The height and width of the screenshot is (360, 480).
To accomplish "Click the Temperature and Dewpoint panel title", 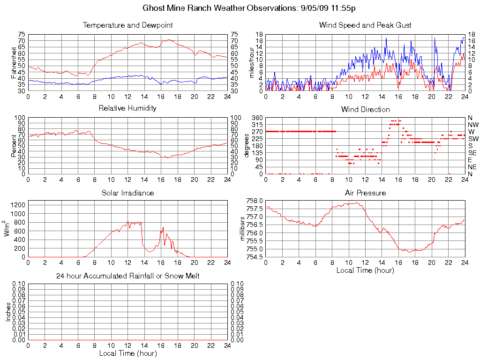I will [127, 25].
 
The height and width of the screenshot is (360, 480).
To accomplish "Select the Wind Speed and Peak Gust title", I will [365, 25].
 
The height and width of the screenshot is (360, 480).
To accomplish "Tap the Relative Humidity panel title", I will [127, 108].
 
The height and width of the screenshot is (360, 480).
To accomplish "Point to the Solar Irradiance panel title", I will [127, 193].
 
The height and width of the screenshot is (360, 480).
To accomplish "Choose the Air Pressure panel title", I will [365, 193].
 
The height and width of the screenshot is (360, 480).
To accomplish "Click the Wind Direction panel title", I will [365, 110].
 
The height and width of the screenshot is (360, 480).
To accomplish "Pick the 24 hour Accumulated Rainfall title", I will [127, 276].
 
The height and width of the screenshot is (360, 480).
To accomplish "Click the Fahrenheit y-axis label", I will [14, 63].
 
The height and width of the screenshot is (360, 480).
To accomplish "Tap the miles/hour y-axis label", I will [252, 63].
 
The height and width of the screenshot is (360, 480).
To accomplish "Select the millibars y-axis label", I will [243, 229].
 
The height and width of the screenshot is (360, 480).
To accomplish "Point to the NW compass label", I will [472, 124].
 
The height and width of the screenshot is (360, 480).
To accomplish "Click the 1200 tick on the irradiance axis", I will [18, 205].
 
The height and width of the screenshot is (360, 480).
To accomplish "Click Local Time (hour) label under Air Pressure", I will [365, 270].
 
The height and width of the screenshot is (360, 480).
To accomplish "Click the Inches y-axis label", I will [8, 312].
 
